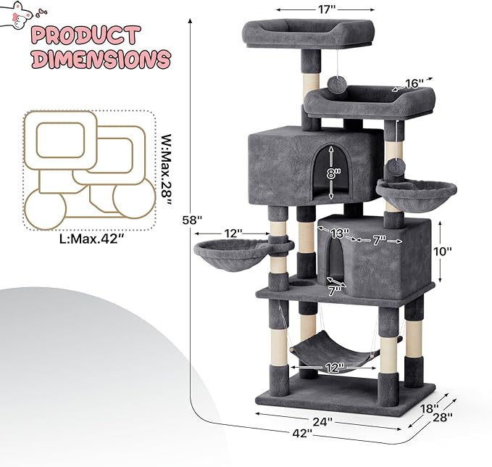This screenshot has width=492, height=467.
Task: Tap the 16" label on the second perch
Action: [414, 83]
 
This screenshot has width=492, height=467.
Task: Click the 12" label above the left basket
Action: [233, 233]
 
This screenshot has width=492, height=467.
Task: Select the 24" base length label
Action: [322, 421]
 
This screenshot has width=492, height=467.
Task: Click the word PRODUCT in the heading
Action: [86, 35]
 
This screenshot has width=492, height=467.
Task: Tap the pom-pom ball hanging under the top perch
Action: [336, 85]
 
